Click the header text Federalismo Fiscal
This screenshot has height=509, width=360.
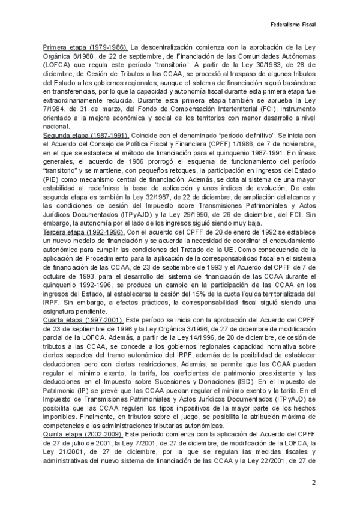(x=294, y=25)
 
